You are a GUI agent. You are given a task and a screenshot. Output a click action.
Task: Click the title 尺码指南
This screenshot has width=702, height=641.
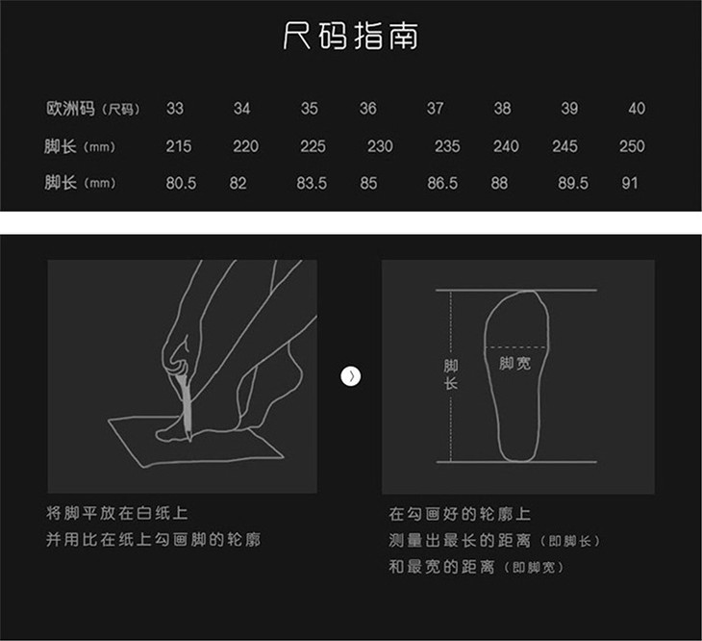pos(351,36)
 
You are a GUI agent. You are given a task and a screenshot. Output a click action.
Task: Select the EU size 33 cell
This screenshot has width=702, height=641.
pos(175,109)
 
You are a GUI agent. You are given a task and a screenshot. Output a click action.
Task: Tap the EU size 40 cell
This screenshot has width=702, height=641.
pos(637,109)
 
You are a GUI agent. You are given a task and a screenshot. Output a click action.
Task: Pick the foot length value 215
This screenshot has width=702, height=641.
pos(179,146)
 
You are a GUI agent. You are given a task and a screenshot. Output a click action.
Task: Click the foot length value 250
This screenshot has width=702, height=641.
pos(632,146)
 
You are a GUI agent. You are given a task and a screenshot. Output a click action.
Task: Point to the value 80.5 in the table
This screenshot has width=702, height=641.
pos(181,183)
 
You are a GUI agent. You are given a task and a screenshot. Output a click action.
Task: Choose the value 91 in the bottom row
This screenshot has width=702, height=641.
pos(630,183)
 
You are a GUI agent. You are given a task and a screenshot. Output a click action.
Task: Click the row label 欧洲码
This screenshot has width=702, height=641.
pos(70,109)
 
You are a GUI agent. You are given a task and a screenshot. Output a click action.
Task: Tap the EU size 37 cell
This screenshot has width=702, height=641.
pos(436,109)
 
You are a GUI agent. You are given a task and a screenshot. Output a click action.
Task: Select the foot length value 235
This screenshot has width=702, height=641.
pos(447,146)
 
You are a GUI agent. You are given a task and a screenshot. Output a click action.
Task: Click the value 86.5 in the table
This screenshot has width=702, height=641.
pos(442,183)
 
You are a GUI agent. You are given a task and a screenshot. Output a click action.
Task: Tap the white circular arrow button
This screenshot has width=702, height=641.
pos(351,376)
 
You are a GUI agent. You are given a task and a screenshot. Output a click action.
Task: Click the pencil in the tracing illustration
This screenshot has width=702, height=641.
pos(185,405)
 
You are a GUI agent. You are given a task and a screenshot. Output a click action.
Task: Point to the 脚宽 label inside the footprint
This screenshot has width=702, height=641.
pos(514,363)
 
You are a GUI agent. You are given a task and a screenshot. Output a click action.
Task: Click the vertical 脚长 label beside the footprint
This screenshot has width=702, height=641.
pos(451,374)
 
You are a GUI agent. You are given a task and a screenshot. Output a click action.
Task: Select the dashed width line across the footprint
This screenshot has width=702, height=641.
pos(515,347)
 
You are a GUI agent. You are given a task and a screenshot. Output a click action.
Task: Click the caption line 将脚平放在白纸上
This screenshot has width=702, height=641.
pos(117,513)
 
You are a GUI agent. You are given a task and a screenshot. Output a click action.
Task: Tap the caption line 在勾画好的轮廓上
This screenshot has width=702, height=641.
pos(460,514)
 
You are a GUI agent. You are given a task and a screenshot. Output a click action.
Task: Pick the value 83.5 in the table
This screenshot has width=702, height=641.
pos(312,183)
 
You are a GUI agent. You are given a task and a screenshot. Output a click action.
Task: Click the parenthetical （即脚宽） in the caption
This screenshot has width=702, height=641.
pos(534,568)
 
